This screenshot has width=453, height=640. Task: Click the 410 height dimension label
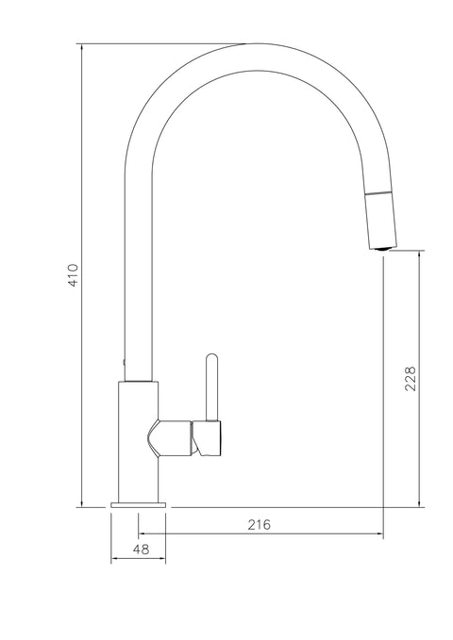pos(73,275)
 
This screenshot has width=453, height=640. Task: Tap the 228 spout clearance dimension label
pos(411,379)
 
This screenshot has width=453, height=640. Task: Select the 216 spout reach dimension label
pos(260,524)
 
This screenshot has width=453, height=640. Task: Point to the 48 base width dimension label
pos(141,550)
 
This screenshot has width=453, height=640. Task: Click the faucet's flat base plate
pos(138,505)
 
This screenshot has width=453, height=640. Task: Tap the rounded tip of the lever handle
pos(211,357)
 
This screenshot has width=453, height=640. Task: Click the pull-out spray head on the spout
pos(380,220)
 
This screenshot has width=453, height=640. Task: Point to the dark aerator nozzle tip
pos(383,249)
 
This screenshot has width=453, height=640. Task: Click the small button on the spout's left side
pos(124,362)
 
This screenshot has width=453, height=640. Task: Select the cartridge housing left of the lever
pos(170,437)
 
